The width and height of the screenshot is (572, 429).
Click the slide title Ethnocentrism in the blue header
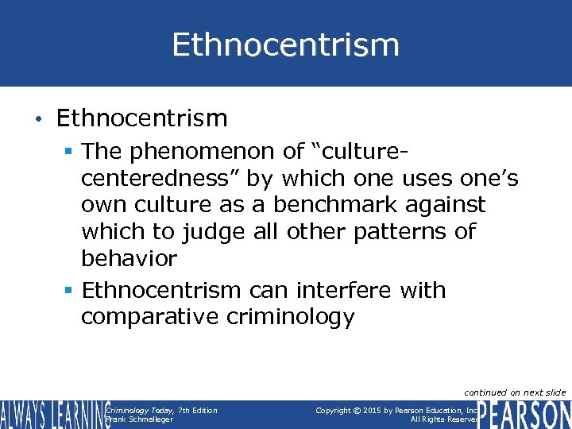tap(285, 44)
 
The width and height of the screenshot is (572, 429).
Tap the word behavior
tap(129, 258)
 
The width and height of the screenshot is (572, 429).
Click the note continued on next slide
tap(515, 392)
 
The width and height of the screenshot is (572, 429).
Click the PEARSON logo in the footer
tap(526, 415)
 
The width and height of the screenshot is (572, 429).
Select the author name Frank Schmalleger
tap(140, 419)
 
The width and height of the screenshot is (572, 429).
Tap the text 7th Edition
tap(198, 410)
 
